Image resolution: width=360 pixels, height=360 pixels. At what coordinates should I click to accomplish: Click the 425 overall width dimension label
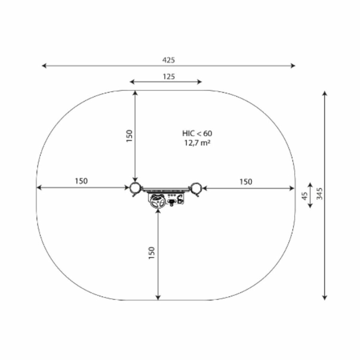[x=168, y=60]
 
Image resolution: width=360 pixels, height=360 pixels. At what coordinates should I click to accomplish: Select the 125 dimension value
[x=169, y=76]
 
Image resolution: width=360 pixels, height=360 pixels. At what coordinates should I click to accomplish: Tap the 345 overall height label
[x=319, y=194]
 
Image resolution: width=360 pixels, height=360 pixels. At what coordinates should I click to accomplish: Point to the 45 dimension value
[x=304, y=196]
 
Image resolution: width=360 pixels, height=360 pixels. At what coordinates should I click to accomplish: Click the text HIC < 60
[x=197, y=133]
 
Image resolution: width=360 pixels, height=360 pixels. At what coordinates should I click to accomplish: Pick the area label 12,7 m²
[x=198, y=143]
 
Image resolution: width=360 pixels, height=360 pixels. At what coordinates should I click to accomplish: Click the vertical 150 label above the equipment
[x=130, y=136]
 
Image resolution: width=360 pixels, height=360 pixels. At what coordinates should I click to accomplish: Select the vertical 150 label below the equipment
[x=152, y=253]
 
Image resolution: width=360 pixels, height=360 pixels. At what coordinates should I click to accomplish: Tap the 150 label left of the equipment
[x=81, y=181]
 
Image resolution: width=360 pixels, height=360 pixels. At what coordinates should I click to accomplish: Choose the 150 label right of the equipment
[x=246, y=182]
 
